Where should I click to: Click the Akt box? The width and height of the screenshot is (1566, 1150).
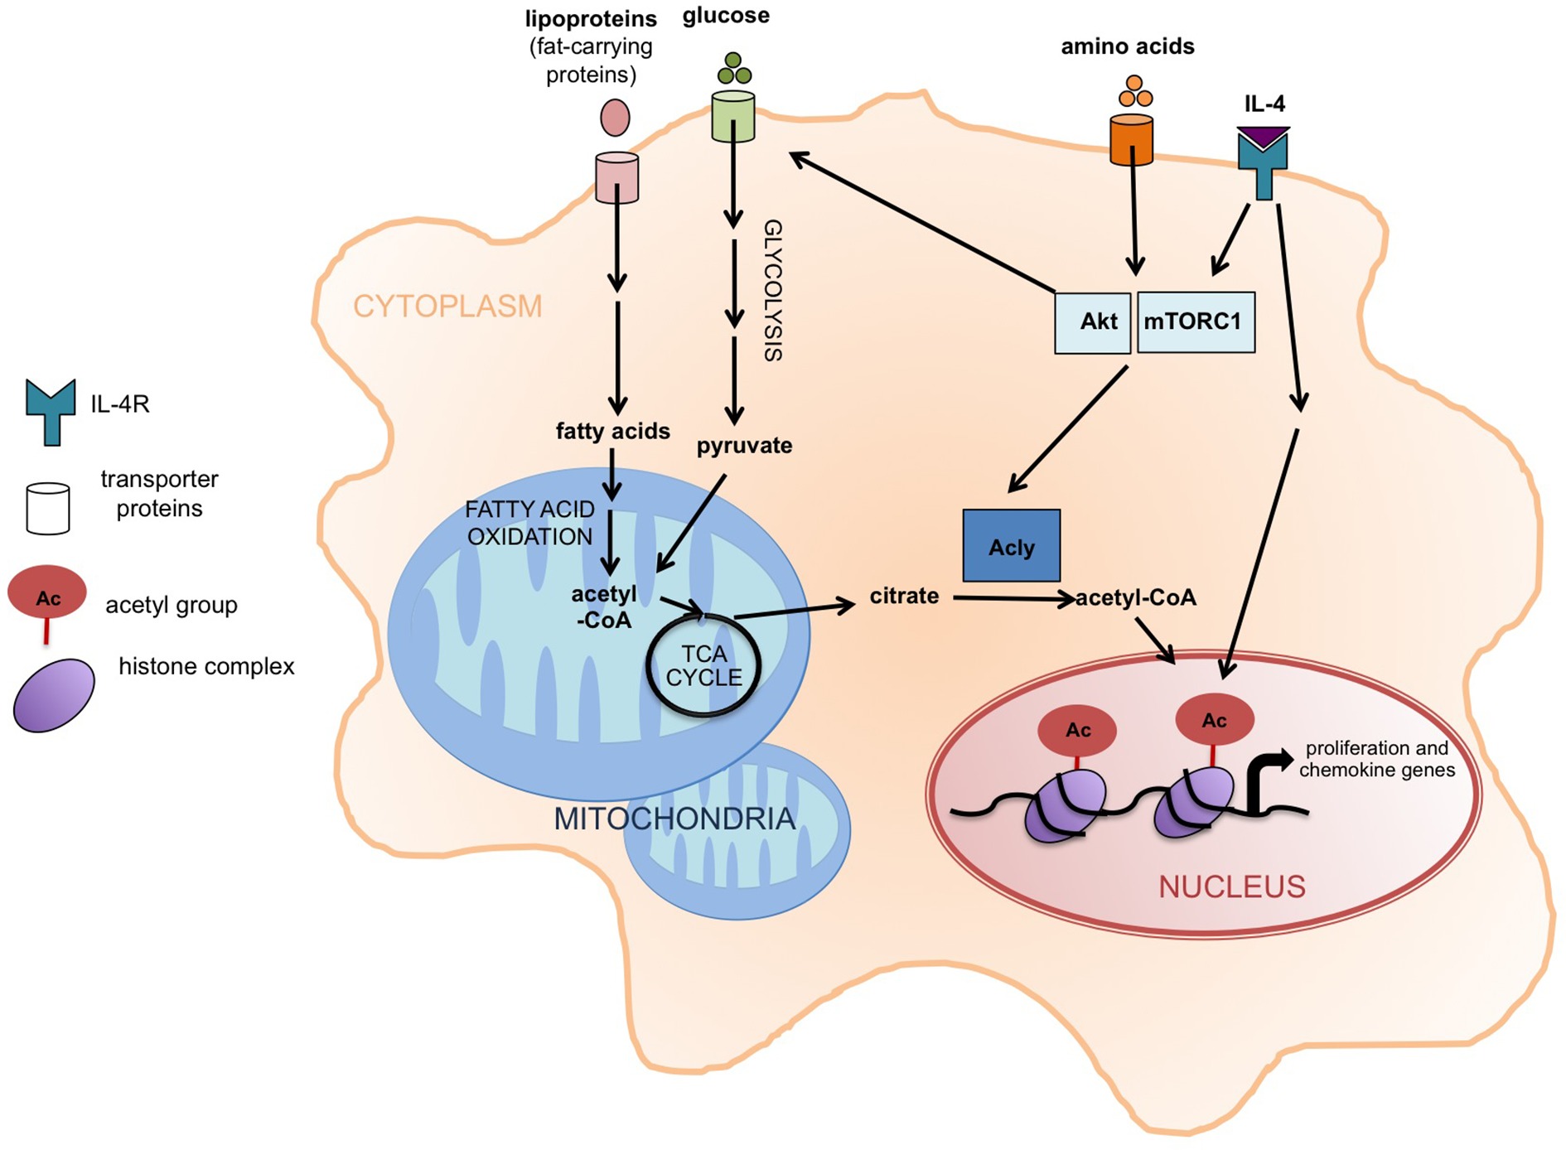pos(1092,322)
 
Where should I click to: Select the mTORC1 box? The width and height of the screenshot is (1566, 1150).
pos(1195,322)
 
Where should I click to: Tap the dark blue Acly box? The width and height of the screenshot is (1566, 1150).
pos(1011,546)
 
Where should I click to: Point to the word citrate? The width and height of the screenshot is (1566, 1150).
pos(904,596)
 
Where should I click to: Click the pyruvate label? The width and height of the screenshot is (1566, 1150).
pos(744,446)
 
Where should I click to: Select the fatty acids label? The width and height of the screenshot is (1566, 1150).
pos(612,431)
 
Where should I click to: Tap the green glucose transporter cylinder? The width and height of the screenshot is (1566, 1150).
pos(733,117)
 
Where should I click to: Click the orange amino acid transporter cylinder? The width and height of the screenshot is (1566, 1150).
pos(1131,140)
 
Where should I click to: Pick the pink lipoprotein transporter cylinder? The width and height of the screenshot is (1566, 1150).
pos(616,177)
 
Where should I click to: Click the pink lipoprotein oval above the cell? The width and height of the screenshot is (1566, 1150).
pos(615,118)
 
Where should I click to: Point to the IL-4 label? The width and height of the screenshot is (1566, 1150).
pos(1264,104)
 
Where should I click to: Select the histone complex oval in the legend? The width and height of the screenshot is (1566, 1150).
pos(54,695)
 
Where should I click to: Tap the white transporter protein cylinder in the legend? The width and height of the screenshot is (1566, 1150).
pos(47,508)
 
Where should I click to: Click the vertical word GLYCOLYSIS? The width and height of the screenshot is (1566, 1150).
pos(772,290)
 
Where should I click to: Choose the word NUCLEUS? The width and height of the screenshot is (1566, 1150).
pos(1231,887)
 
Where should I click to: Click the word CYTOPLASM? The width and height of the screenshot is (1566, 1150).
pos(447,307)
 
